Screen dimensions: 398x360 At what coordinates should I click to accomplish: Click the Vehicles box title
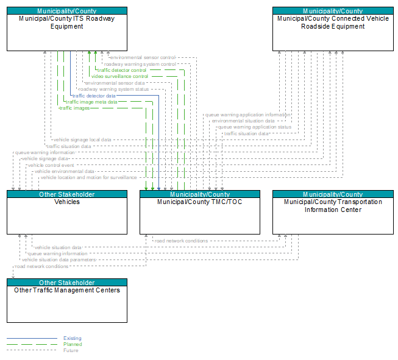pyautogui.click(x=67, y=202)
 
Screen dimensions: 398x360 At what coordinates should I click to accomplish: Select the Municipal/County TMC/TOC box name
pyautogui.click(x=200, y=202)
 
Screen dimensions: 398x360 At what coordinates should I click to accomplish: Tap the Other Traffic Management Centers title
pyautogui.click(x=67, y=290)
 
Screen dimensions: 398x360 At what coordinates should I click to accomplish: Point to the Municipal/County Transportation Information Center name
pyautogui.click(x=333, y=206)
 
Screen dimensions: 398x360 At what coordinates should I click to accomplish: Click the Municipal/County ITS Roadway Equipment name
pyautogui.click(x=67, y=23)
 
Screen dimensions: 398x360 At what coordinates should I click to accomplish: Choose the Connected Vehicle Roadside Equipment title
pyautogui.click(x=333, y=23)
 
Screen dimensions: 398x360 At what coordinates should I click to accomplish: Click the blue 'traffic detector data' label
pyautogui.click(x=94, y=96)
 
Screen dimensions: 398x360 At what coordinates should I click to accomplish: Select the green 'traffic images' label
pyautogui.click(x=74, y=108)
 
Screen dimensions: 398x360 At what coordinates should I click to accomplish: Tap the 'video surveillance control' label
pyautogui.click(x=120, y=76)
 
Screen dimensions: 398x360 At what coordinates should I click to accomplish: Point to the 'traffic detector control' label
pyautogui.click(x=122, y=70)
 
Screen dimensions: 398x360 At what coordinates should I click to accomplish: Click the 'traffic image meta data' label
pyautogui.click(x=91, y=102)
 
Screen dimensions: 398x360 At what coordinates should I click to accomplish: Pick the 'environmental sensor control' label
pyautogui.click(x=143, y=58)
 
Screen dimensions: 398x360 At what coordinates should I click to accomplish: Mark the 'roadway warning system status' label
pyautogui.click(x=114, y=90)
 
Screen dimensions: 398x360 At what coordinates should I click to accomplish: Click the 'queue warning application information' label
pyautogui.click(x=247, y=115)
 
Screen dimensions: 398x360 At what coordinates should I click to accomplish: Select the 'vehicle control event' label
pyautogui.click(x=51, y=165)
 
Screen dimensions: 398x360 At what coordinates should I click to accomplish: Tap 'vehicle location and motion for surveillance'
pyautogui.click(x=89, y=178)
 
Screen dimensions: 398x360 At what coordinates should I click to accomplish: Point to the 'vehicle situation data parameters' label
pyautogui.click(x=59, y=259)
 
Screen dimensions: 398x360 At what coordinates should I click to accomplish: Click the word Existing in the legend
pyautogui.click(x=73, y=338)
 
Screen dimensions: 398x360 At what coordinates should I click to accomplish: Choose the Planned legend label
pyautogui.click(x=73, y=344)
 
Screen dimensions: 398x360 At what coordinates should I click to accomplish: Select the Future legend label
pyautogui.click(x=71, y=350)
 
